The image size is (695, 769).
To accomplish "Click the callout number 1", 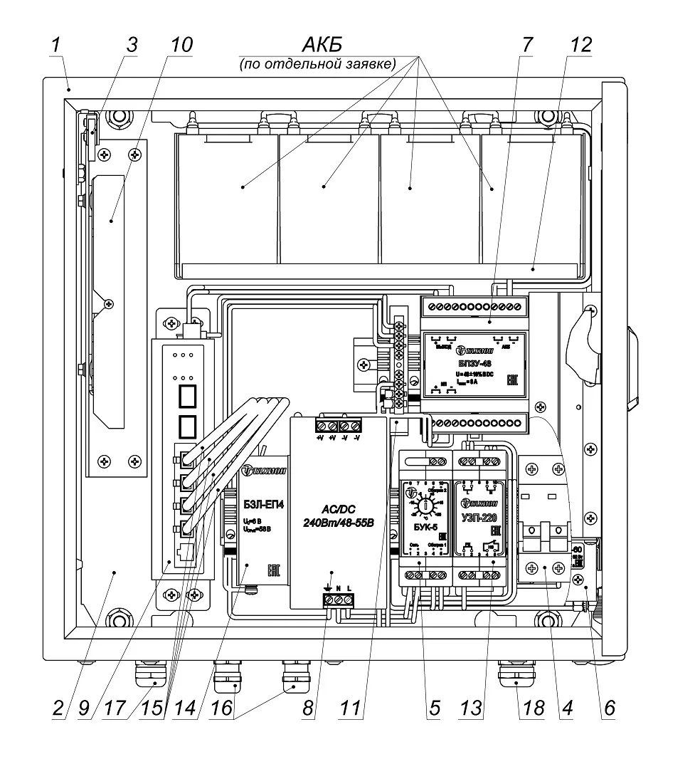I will tap(55, 44).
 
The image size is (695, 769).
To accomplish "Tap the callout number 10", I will tap(181, 44).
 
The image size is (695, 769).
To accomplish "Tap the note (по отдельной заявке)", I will tap(317, 64).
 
